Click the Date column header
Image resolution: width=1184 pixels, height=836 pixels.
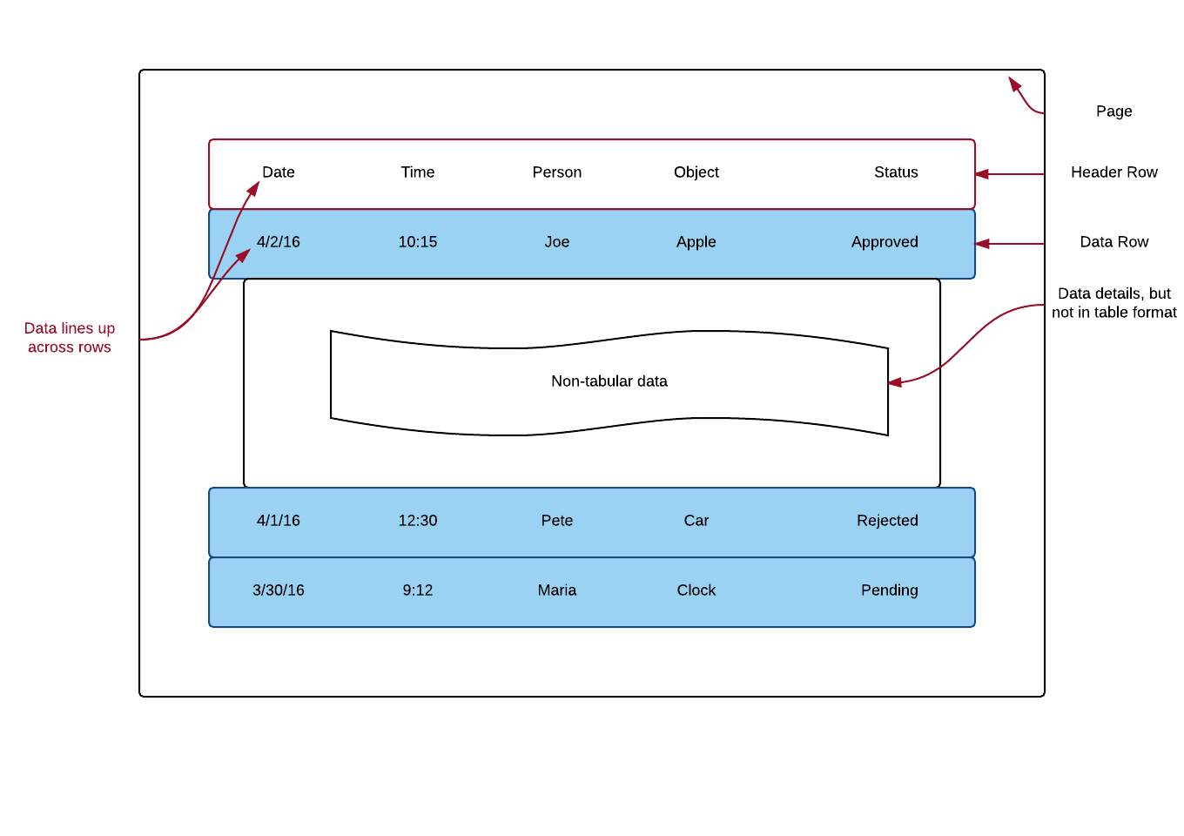pos(279,172)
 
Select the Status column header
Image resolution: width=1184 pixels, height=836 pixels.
pos(896,172)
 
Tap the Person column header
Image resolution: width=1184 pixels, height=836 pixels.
pos(557,172)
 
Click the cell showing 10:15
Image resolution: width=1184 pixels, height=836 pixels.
pos(418,242)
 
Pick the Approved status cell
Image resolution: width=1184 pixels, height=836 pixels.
pos(885,242)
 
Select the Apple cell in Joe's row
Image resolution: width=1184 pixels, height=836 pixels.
pos(696,242)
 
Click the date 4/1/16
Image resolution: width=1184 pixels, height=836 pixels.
pos(279,521)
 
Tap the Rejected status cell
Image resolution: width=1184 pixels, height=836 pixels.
pos(887,521)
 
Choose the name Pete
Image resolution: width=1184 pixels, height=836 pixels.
pos(557,521)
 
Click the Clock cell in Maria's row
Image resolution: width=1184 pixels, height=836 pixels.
pos(696,590)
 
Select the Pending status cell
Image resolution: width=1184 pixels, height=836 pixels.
pos(889,590)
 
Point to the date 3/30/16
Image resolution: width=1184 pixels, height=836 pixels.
pos(279,590)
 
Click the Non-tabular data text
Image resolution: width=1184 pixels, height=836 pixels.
pos(609,381)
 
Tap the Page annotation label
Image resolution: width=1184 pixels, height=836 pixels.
pos(1113,111)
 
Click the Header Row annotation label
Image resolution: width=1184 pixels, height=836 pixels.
pos(1113,172)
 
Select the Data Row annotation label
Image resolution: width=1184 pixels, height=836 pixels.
pos(1113,242)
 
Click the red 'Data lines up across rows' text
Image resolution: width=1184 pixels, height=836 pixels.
pos(70,338)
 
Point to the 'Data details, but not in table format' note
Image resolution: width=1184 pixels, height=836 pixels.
pos(1113,303)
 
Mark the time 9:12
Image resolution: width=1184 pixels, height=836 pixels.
pos(418,590)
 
